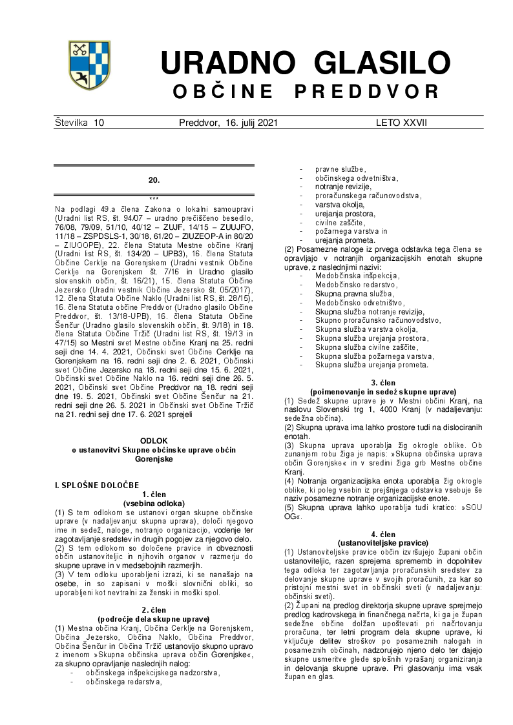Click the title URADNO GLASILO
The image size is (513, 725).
305,63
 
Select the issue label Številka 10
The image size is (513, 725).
79,122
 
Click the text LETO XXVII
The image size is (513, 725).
401,122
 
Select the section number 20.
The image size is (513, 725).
154,179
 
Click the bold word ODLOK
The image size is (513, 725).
154,440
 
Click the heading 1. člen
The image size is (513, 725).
154,495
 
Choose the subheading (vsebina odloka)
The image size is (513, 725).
154,503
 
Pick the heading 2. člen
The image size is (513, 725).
154,609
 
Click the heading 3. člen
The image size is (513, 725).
383,383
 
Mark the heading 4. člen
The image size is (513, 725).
383,534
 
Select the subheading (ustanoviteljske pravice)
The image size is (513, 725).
383,543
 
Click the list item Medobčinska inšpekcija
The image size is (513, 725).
357,276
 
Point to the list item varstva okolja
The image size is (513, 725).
340,204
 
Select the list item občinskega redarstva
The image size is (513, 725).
123,680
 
